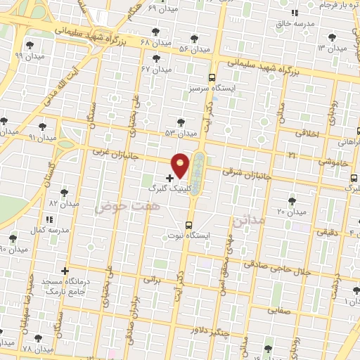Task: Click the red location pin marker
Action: [181, 165]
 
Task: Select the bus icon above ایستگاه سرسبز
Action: [212, 78]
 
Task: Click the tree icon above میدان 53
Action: [181, 122]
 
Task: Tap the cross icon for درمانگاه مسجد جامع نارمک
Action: [65, 270]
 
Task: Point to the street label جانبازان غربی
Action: [120, 152]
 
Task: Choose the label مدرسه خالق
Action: [295, 22]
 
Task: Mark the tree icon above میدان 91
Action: [44, 126]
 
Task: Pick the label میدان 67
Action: [157, 69]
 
